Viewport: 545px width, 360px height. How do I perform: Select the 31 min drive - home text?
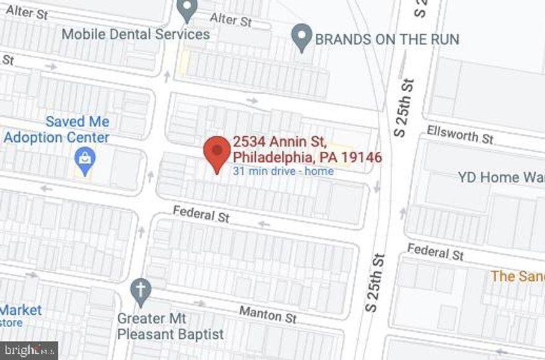click(283, 171)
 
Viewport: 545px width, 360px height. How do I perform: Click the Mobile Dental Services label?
click(136, 34)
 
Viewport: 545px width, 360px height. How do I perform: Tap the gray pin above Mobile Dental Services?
click(186, 11)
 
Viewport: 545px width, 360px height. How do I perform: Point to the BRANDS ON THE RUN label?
click(387, 40)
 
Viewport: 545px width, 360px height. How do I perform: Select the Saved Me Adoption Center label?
click(56, 130)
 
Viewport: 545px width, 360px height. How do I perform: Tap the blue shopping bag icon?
click(84, 160)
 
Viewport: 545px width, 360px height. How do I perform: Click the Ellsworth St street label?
click(460, 134)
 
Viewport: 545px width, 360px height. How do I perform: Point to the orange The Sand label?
click(517, 276)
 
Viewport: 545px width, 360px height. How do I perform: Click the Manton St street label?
click(268, 314)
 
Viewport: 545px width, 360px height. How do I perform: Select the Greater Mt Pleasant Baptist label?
click(170, 327)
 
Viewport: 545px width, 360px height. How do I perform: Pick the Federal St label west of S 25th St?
click(201, 214)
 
